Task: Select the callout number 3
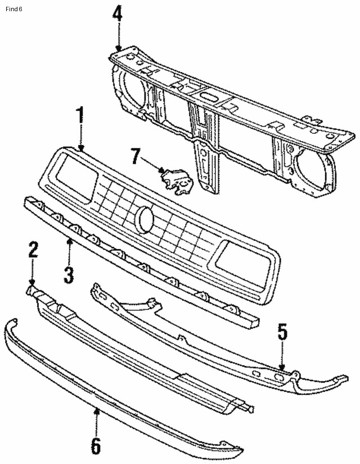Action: pyautogui.click(x=69, y=275)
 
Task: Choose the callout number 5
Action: pyautogui.click(x=282, y=332)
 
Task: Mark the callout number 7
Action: pyautogui.click(x=135, y=156)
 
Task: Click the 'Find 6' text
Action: pyautogui.click(x=13, y=9)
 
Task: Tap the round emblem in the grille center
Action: pyautogui.click(x=145, y=219)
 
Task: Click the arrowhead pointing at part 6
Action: pyautogui.click(x=96, y=411)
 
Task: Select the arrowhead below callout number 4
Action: pyautogui.click(x=119, y=47)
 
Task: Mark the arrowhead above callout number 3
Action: pyautogui.click(x=69, y=241)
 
